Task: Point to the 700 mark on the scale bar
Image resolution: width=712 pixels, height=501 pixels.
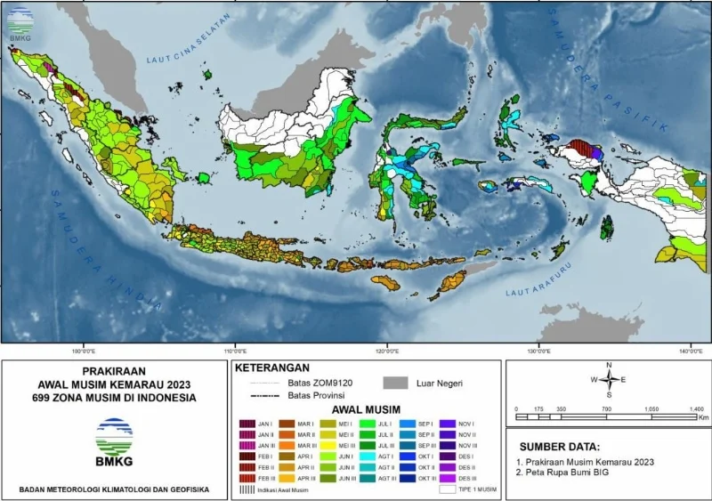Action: (x=606, y=409)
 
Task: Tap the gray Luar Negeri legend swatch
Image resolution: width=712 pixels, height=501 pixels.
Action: (x=396, y=383)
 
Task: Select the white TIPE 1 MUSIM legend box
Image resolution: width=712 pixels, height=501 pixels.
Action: (x=447, y=489)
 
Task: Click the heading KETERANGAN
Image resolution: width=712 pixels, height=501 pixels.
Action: (x=271, y=367)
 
